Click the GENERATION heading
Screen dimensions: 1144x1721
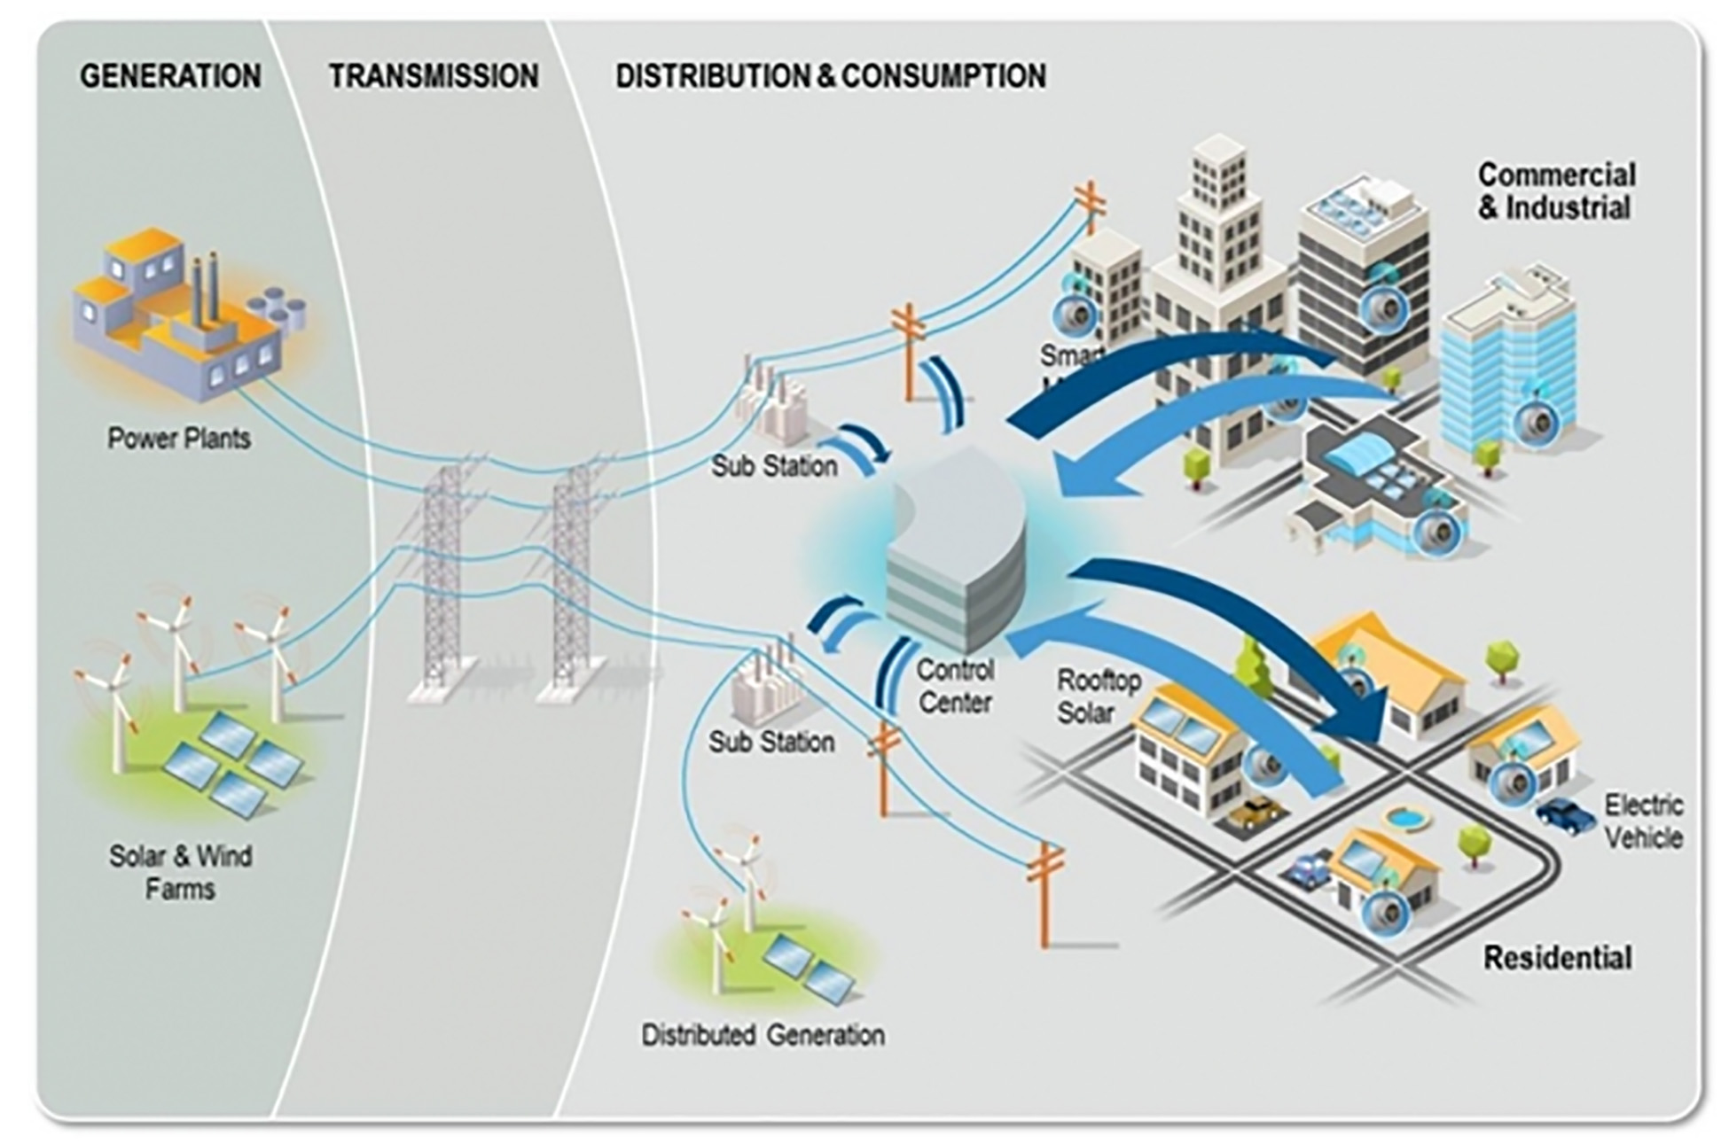[x=170, y=76]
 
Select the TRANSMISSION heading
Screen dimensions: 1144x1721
[x=434, y=76]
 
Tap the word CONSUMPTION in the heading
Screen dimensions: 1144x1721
[x=943, y=76]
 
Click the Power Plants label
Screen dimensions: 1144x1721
[x=179, y=438]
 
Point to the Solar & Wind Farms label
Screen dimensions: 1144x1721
[x=180, y=872]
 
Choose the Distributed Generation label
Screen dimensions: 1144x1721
[x=763, y=1035]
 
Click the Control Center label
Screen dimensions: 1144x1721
[x=955, y=686]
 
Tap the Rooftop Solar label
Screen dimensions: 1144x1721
[x=1098, y=697]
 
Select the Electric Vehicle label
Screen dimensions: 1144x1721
[x=1643, y=821]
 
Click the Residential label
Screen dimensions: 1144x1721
[x=1557, y=958]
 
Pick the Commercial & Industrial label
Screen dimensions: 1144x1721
[x=1556, y=191]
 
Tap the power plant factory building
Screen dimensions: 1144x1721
[x=182, y=310]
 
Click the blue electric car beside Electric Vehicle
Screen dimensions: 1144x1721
[x=1565, y=813]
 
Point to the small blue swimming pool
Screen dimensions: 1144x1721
[x=1405, y=818]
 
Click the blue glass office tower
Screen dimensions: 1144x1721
[x=1507, y=363]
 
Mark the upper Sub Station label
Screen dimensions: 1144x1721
[x=774, y=466]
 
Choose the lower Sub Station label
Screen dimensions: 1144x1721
[x=771, y=742]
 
